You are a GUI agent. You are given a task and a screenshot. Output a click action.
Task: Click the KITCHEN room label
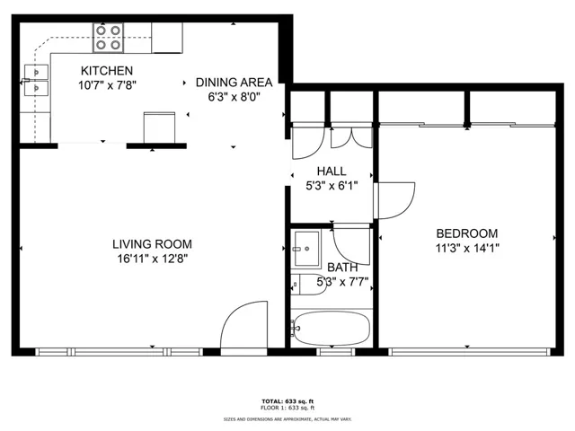point(107,70)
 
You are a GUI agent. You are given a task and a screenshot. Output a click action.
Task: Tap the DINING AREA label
point(234,83)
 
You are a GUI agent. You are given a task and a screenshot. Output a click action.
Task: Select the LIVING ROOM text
point(152,244)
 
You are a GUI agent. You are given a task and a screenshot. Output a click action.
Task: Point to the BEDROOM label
point(467,233)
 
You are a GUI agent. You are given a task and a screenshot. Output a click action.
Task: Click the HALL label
point(332,172)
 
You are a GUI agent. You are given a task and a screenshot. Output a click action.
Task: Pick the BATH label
point(342,268)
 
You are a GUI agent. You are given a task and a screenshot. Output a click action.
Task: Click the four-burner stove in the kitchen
point(108,38)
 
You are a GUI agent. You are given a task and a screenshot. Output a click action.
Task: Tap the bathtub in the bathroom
point(331,329)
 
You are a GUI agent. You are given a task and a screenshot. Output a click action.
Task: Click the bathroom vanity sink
point(306,249)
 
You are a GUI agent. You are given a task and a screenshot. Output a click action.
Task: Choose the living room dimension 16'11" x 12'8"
point(153,259)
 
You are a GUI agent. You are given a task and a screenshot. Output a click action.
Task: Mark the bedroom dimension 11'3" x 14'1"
point(467,249)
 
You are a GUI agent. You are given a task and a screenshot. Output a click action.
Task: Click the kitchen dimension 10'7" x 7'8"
point(107,85)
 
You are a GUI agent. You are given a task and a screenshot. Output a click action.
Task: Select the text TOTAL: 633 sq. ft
point(287,401)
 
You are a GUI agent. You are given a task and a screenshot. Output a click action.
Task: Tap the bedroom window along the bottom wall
point(469,352)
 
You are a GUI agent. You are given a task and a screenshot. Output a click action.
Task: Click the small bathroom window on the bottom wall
point(335,352)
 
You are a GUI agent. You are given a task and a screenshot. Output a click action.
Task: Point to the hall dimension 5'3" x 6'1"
point(332,186)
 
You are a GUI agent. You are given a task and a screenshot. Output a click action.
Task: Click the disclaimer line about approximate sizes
point(287,419)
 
